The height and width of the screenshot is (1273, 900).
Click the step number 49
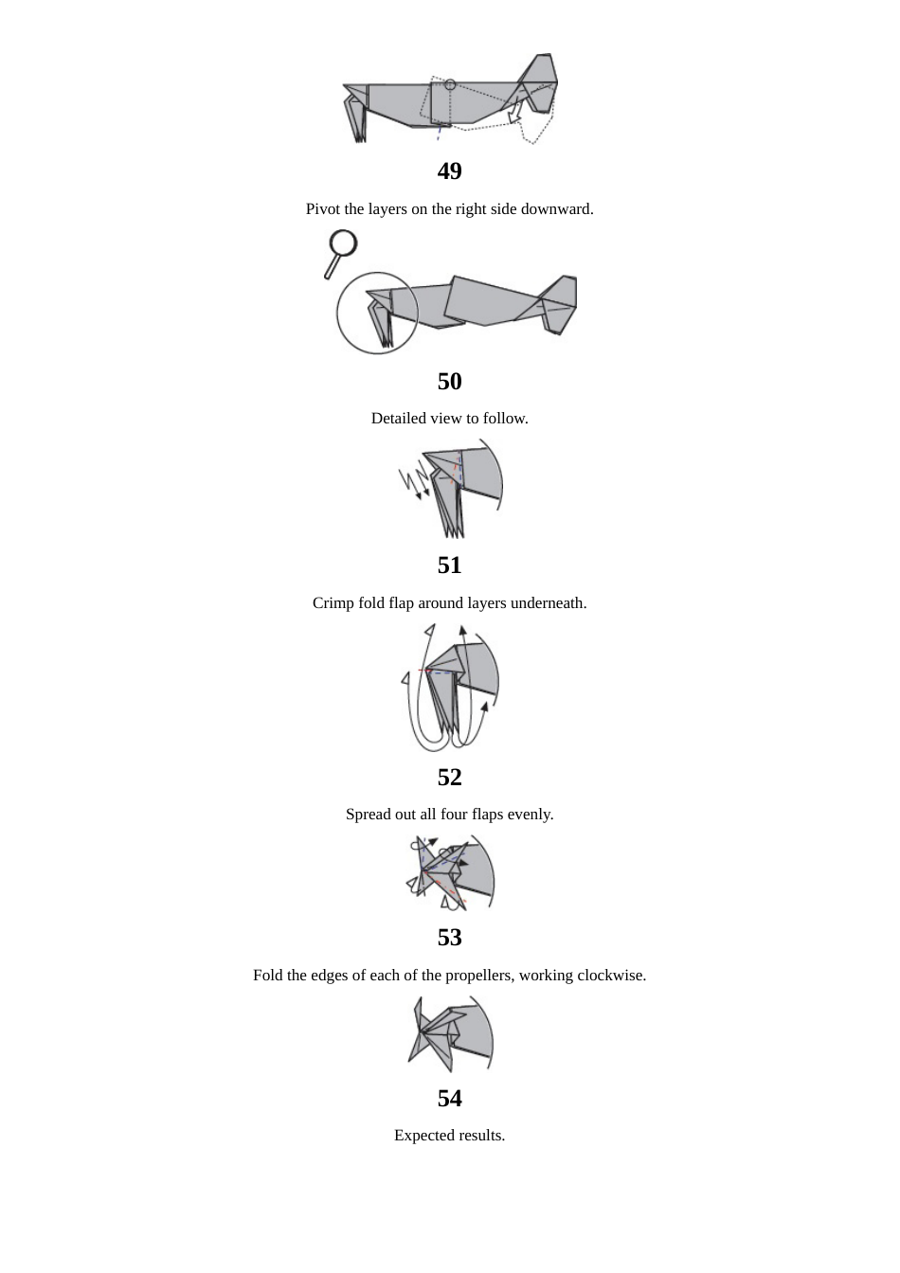(449, 171)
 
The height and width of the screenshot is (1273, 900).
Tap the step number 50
(449, 382)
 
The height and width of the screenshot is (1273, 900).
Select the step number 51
(449, 565)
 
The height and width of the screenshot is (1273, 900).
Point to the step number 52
(449, 778)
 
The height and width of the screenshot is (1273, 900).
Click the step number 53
(449, 938)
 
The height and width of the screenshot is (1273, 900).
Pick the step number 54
(449, 1099)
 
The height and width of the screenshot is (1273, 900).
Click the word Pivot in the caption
(323, 209)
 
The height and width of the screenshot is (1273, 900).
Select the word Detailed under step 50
(400, 419)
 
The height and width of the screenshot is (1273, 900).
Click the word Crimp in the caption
(333, 603)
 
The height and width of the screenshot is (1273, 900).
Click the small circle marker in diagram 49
(450, 84)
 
